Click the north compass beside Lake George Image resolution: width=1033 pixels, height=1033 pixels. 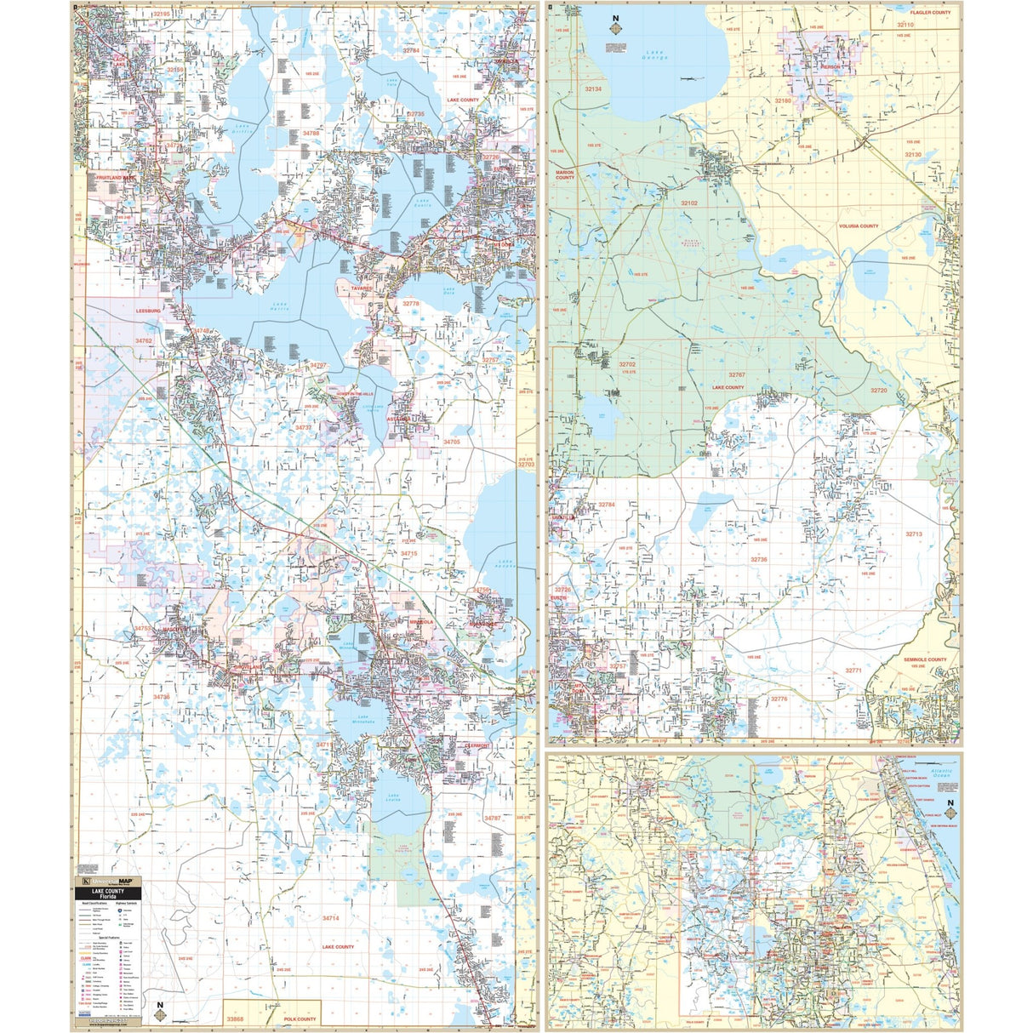[614, 27]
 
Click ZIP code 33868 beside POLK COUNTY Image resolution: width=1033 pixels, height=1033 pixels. [235, 1019]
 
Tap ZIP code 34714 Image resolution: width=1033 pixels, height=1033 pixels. [330, 918]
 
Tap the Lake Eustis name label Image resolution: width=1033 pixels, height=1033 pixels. [423, 203]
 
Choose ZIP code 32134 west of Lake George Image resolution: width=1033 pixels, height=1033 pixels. [592, 88]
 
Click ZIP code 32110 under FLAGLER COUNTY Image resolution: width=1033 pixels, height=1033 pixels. [904, 25]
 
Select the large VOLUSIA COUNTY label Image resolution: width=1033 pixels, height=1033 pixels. [858, 226]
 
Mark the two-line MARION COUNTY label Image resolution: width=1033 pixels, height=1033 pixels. [564, 174]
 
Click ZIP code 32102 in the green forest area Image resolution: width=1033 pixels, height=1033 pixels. [688, 203]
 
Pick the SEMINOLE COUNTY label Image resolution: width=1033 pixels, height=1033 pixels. [925, 659]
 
